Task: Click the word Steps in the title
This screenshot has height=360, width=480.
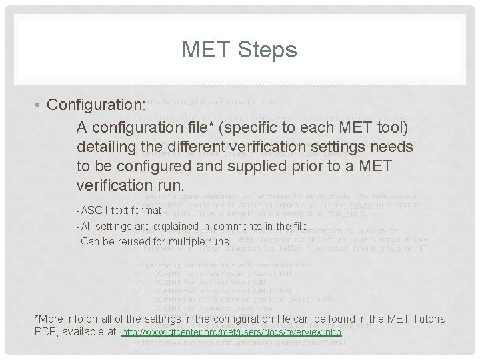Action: pos(269,49)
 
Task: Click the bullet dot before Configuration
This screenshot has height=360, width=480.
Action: pos(41,105)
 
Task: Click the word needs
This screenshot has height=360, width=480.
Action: pos(390,145)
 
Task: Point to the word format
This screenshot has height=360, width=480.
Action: pos(147,211)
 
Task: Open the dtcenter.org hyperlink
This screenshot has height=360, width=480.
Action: pos(232,332)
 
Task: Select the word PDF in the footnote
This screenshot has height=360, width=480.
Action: pos(45,332)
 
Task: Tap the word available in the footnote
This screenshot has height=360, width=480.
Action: pos(82,332)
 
